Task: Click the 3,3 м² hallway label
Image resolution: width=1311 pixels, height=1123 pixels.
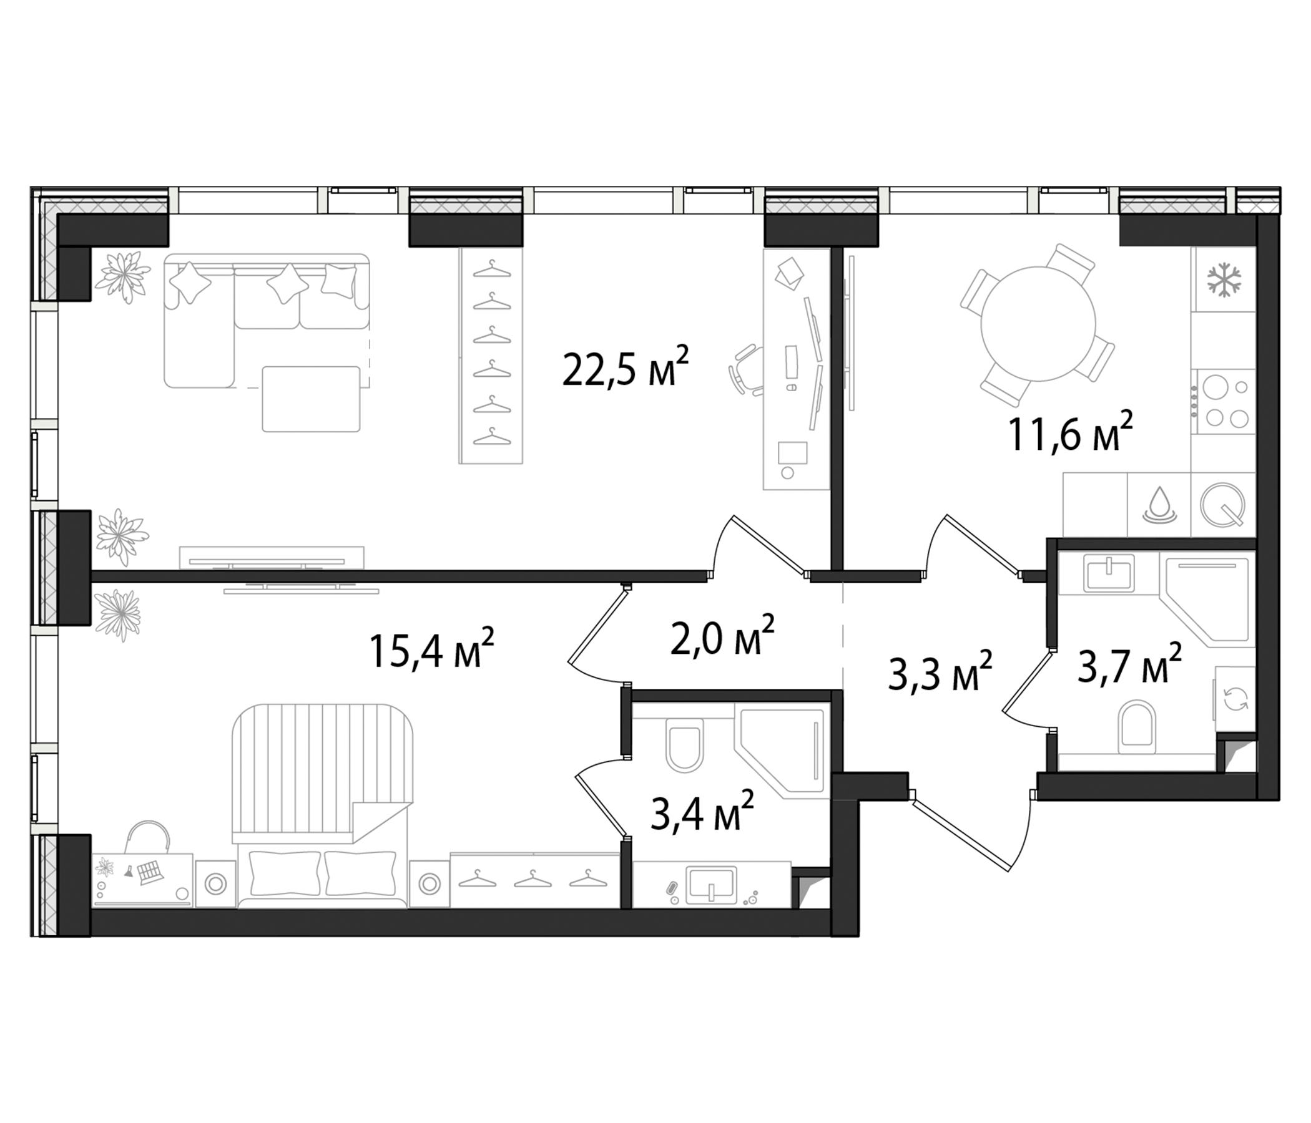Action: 940,672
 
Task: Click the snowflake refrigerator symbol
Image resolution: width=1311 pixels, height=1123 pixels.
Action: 1224,280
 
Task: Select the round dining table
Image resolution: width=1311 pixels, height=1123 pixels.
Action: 1038,323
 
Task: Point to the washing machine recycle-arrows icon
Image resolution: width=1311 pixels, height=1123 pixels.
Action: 1236,700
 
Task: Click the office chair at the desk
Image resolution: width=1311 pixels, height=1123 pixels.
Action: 748,370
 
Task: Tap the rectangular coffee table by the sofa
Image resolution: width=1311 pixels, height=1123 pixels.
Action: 312,399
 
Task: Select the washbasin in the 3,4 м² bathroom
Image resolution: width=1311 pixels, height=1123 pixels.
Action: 712,885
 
